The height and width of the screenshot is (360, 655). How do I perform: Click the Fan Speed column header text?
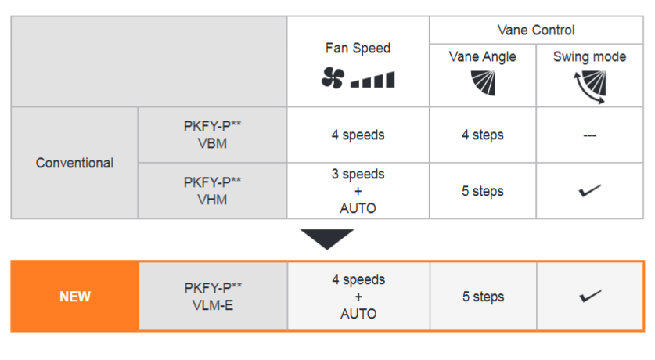click(x=358, y=48)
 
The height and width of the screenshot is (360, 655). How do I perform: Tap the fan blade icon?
click(x=333, y=77)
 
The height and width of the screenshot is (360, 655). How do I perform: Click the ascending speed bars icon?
click(x=372, y=79)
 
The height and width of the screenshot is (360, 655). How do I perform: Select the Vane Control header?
click(x=536, y=30)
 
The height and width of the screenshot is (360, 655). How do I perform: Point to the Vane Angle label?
click(x=483, y=57)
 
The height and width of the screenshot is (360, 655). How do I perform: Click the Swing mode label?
click(x=589, y=57)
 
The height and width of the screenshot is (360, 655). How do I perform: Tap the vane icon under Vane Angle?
click(x=484, y=83)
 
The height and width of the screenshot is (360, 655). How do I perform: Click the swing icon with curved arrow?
click(x=589, y=87)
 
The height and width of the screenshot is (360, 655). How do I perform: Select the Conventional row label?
click(x=74, y=163)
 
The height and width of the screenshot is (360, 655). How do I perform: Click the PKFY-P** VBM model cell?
click(x=212, y=135)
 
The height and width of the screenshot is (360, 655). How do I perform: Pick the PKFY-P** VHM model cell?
click(x=212, y=191)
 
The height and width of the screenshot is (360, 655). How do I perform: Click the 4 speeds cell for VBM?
click(x=358, y=135)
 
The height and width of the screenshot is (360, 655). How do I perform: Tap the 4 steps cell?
click(x=483, y=135)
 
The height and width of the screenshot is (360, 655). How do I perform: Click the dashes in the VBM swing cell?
click(x=589, y=135)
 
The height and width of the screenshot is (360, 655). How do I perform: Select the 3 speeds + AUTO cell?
click(x=358, y=191)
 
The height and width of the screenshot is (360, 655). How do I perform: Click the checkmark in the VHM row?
click(x=589, y=190)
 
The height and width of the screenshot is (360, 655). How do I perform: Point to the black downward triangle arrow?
click(x=327, y=239)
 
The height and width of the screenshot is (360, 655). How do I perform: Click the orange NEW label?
click(x=75, y=297)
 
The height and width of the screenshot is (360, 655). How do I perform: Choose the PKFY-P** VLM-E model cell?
click(x=213, y=297)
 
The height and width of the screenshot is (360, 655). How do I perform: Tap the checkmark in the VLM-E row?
click(x=590, y=296)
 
